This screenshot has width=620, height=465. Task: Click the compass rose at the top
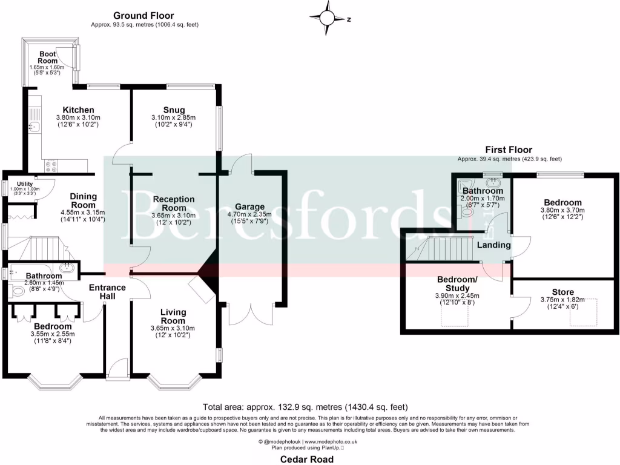pyautogui.click(x=329, y=18)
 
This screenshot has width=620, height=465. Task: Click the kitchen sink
pyautogui.click(x=34, y=127)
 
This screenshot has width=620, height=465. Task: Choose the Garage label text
pyautogui.click(x=250, y=207)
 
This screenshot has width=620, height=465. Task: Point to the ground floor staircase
pyautogui.click(x=36, y=248)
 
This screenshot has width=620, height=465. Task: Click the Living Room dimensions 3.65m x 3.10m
pyautogui.click(x=173, y=328)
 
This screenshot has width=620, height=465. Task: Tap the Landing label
pyautogui.click(x=493, y=245)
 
